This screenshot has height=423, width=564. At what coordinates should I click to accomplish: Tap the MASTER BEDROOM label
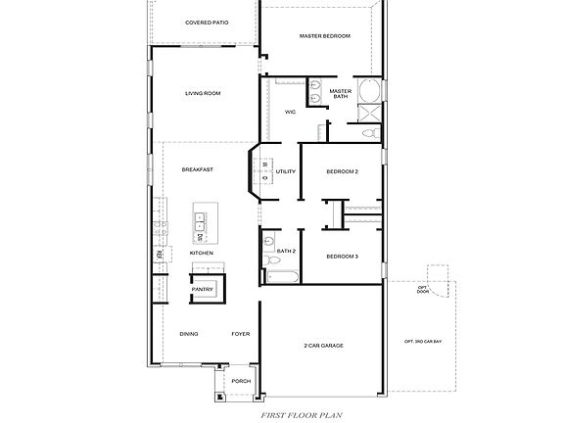click(324, 36)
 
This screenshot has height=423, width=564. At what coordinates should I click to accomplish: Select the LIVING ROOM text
click(203, 94)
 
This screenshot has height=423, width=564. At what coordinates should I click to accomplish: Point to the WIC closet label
click(290, 113)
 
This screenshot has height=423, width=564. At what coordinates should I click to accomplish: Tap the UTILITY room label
click(286, 172)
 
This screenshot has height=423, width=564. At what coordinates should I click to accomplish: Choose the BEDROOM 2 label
click(342, 172)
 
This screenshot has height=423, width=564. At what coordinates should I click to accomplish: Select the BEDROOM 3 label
click(342, 257)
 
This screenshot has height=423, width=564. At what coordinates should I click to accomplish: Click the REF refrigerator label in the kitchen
click(159, 256)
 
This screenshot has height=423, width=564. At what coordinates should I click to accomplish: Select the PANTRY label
click(203, 290)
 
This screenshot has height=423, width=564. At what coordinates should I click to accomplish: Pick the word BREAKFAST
click(197, 169)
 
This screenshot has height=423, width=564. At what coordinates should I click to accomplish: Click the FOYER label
click(241, 334)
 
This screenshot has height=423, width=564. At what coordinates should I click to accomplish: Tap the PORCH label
click(240, 382)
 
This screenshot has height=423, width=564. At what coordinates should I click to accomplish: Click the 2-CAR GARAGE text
click(323, 346)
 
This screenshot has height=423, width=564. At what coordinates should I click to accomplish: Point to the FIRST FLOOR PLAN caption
click(301, 415)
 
